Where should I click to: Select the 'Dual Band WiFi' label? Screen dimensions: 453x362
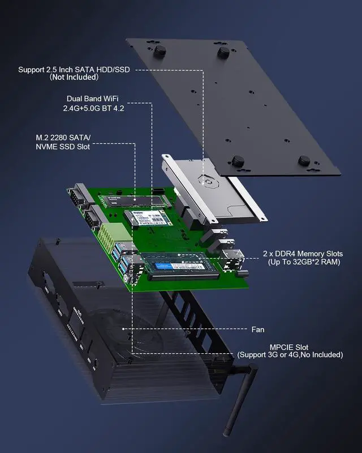pyautogui.click(x=95, y=99)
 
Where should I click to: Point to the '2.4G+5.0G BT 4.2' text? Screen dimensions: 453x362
pyautogui.click(x=95, y=108)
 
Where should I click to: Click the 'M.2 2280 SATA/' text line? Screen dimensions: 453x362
pyautogui.click(x=59, y=138)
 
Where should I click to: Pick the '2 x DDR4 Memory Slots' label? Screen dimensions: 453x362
pyautogui.click(x=303, y=254)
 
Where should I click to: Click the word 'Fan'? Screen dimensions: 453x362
pyautogui.click(x=257, y=329)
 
